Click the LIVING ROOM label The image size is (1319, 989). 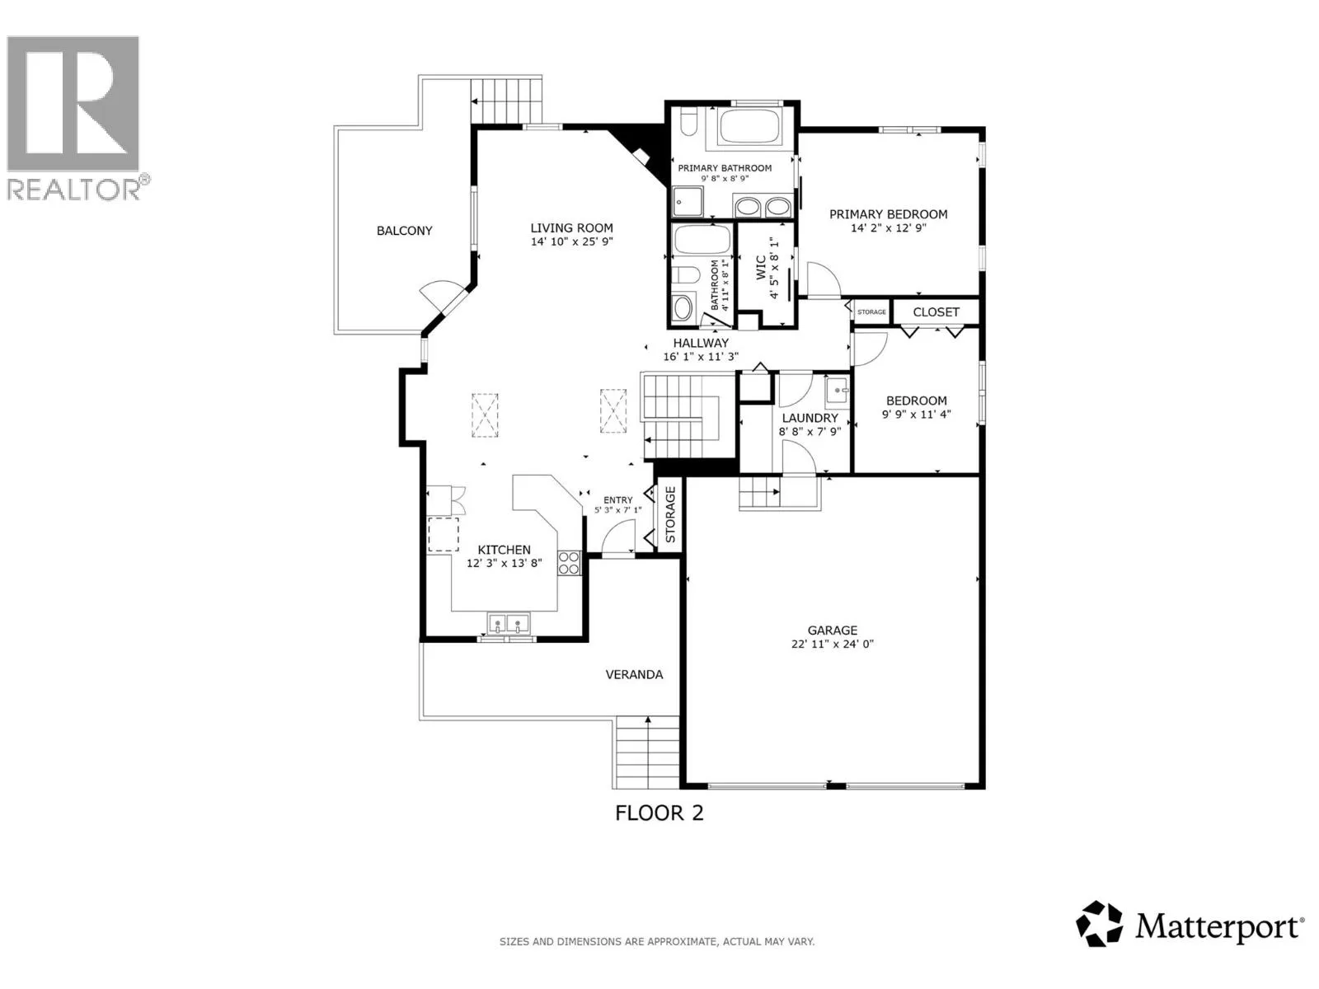[x=571, y=228]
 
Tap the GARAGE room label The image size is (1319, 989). [x=833, y=630]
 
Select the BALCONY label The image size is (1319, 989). [x=405, y=231]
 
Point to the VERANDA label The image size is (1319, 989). [x=634, y=674]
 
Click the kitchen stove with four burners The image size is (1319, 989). [x=569, y=563]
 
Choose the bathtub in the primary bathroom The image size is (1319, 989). [x=749, y=127]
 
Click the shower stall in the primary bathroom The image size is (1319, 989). [x=687, y=201]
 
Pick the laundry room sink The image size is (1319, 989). [x=837, y=391]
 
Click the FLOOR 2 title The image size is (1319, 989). [x=659, y=813]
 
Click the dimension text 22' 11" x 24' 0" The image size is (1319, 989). [x=833, y=644]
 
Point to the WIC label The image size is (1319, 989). [x=761, y=267]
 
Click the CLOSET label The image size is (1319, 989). [x=936, y=312]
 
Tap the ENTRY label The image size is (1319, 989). [x=617, y=499]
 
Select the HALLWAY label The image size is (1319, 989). [x=701, y=343]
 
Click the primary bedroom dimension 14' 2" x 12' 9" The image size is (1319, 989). [x=888, y=228]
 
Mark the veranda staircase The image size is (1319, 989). [x=646, y=752]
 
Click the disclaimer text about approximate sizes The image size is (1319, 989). [x=657, y=941]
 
